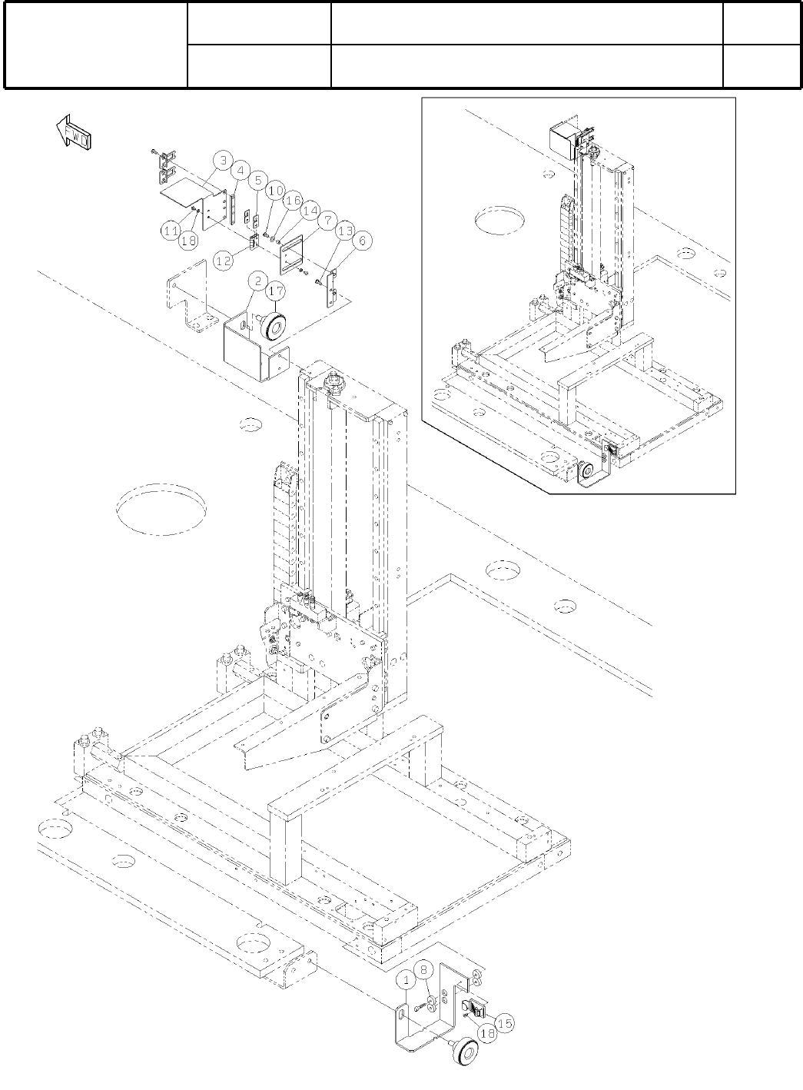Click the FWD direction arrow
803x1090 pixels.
[73, 131]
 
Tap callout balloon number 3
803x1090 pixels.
[222, 161]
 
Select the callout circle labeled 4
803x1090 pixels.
[241, 171]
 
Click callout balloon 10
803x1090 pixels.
[276, 190]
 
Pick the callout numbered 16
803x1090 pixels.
[292, 200]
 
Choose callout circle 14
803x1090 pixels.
[309, 210]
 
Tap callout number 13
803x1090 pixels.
[345, 231]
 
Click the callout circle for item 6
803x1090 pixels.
[363, 241]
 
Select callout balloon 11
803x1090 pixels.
[170, 228]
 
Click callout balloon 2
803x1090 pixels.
[257, 281]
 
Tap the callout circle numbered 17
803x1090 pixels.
[276, 291]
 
